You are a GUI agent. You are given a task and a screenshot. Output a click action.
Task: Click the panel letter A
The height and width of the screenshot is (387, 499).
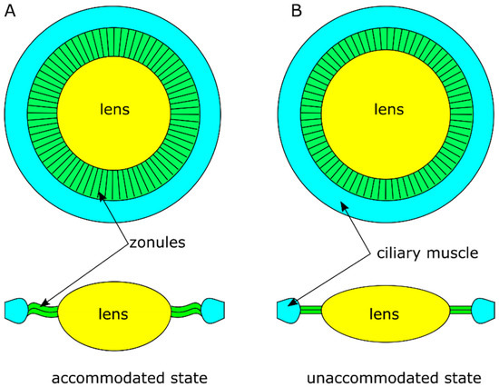point(10,10)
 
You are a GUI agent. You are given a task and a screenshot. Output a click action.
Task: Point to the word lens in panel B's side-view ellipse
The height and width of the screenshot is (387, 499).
point(385,314)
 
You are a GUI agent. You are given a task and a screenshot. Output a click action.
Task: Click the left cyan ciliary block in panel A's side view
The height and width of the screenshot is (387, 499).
point(16,310)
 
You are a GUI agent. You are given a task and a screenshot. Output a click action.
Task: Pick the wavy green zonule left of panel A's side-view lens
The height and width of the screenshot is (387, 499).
point(44,308)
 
